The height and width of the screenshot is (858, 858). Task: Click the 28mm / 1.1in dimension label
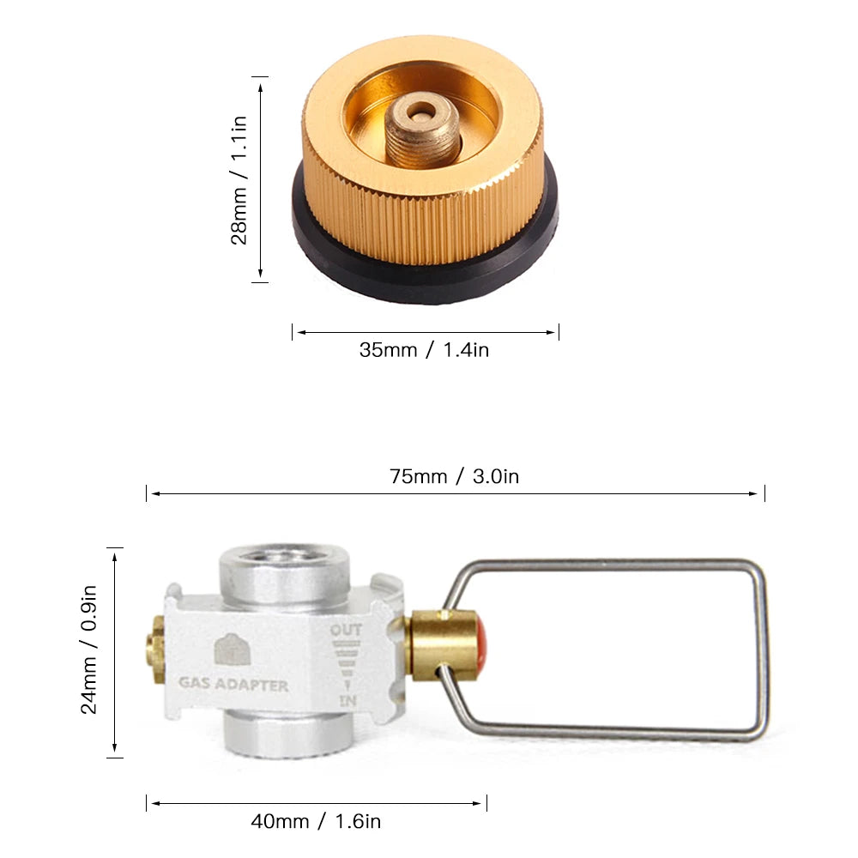pos(239,179)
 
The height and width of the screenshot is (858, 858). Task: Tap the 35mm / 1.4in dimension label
pos(424,350)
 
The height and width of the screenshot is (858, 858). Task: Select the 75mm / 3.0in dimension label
pos(454,476)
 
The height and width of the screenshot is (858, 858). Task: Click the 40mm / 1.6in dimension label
pos(316,821)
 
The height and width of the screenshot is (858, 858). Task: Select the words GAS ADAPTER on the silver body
pos(233,686)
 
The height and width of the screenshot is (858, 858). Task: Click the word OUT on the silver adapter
pos(346,631)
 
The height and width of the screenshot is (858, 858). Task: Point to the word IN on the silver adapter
pos(347,702)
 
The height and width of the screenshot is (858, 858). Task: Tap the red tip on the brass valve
pos(482,645)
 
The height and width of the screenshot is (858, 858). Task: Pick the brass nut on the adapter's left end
pos(155,650)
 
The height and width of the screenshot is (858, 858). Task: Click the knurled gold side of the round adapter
pos(429,223)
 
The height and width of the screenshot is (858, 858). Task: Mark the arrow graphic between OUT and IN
pos(347,666)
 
